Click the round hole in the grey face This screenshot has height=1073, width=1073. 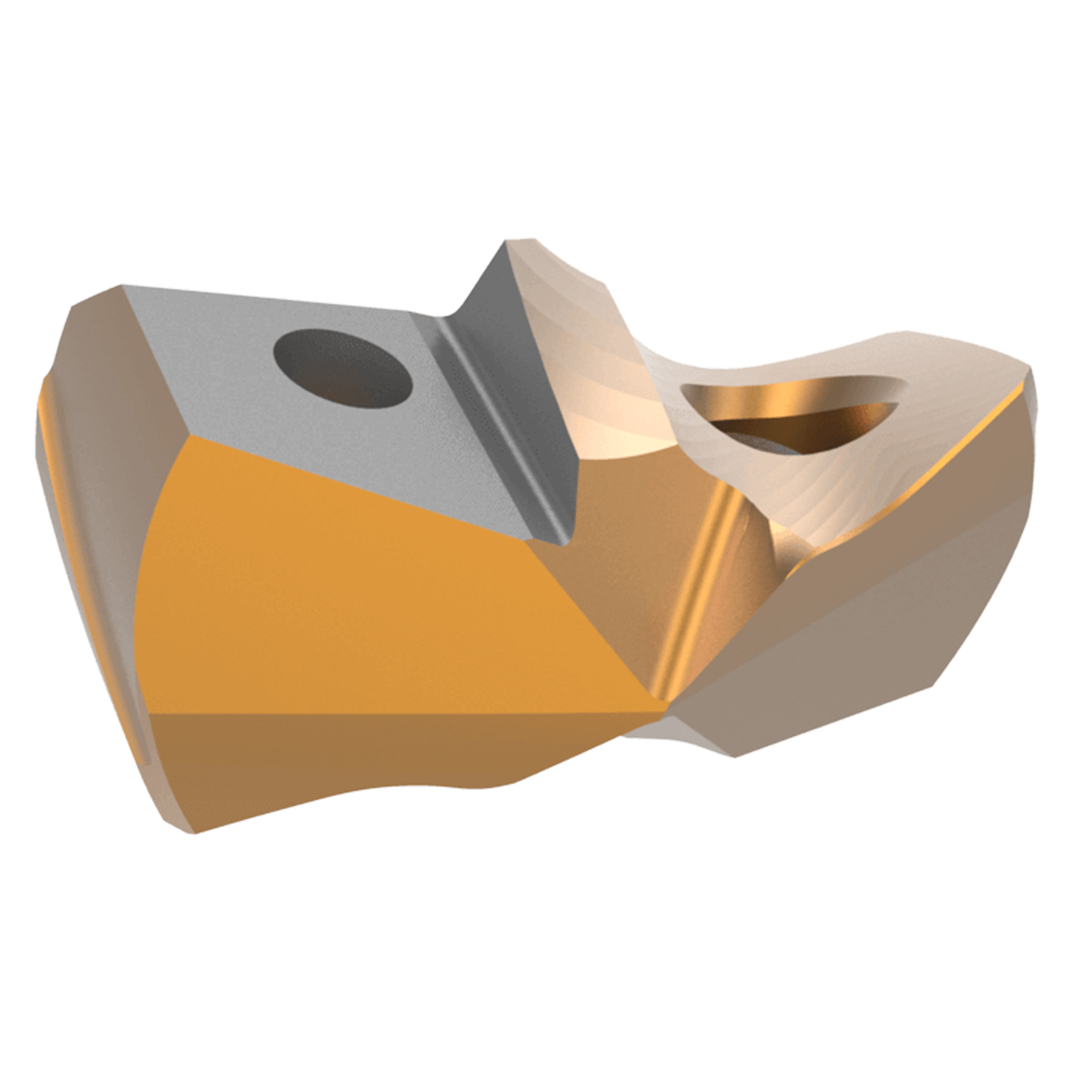[345, 368]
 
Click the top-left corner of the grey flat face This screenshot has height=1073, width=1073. [124, 287]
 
